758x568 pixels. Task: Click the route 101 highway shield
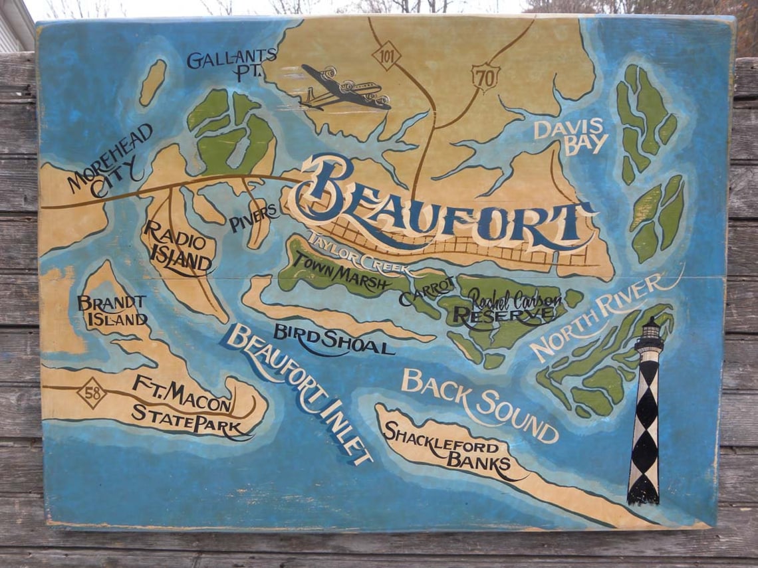386,54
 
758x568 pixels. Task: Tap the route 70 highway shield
485,78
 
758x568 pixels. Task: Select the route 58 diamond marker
92,392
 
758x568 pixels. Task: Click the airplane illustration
344,88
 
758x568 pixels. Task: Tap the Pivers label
254,218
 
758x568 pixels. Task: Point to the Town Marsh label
342,273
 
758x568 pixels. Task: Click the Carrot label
426,292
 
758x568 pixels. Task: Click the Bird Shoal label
333,339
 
